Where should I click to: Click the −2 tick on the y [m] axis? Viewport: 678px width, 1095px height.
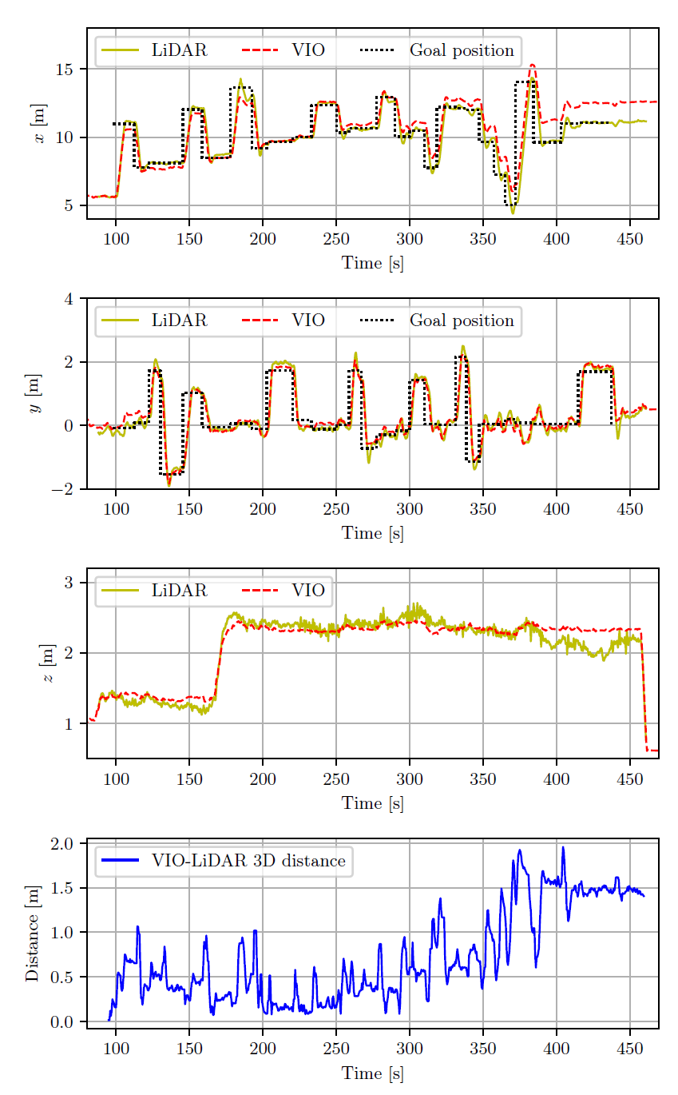point(62,489)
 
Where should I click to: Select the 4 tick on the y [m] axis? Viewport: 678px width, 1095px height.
point(69,300)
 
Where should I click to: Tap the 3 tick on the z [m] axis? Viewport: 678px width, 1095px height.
point(69,583)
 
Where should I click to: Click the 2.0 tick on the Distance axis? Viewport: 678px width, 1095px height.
point(62,844)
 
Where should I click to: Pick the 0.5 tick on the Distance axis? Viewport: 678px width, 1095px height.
point(62,978)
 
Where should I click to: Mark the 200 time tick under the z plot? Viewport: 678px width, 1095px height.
point(262,778)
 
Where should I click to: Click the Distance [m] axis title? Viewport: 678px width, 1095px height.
point(33,934)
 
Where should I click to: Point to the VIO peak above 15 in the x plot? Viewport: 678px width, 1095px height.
point(533,66)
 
